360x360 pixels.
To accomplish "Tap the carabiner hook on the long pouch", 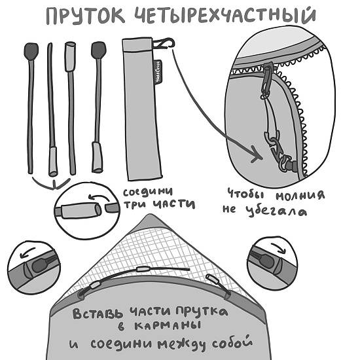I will [x=164, y=44].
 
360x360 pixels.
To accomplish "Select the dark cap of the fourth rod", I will [x=99, y=50].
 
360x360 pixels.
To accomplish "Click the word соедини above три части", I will [x=149, y=191].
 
